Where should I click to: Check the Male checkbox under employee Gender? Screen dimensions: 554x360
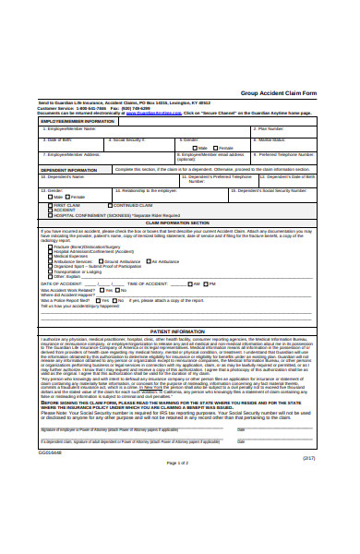click(194, 148)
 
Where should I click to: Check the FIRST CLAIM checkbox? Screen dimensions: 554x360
click(47, 204)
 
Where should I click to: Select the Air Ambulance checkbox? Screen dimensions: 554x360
click(150, 261)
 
